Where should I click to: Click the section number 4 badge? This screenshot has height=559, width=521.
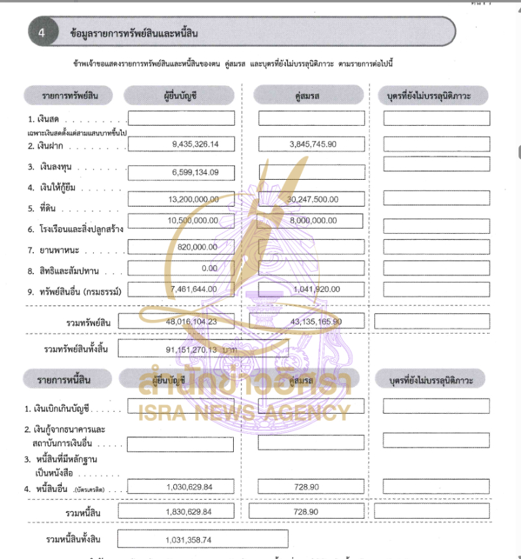click(x=42, y=33)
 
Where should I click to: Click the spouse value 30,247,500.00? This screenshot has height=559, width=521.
click(x=311, y=199)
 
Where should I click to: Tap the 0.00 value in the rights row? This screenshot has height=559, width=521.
click(x=209, y=268)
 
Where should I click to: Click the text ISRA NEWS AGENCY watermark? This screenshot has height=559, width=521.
click(x=244, y=412)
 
